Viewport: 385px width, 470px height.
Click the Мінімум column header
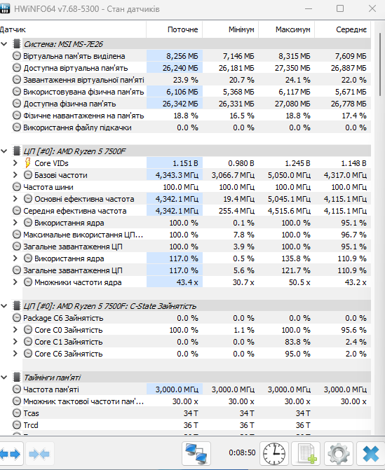coord(241,29)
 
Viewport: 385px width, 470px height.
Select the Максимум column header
coord(293,29)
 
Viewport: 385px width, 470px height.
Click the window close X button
coord(372,8)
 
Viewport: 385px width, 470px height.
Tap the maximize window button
coord(340,8)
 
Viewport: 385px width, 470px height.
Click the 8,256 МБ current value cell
coord(182,56)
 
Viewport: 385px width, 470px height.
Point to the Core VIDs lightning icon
coord(27,163)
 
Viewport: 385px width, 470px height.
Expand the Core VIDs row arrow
coord(15,163)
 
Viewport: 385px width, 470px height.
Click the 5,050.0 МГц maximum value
coord(289,175)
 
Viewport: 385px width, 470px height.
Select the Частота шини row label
coord(48,187)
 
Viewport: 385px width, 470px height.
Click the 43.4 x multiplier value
coord(187,282)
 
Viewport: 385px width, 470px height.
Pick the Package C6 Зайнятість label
coord(63,318)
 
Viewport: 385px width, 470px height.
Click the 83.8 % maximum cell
coord(297,342)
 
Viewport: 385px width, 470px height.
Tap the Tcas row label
coord(32,413)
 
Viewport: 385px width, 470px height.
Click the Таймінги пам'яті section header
coord(52,378)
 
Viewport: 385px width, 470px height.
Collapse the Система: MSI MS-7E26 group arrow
coord(4,44)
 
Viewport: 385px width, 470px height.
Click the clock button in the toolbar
coord(274,453)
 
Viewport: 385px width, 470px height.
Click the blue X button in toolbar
coord(370,453)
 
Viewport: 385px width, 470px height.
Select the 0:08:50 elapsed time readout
coord(242,452)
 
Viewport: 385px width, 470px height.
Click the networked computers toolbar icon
coord(196,453)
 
